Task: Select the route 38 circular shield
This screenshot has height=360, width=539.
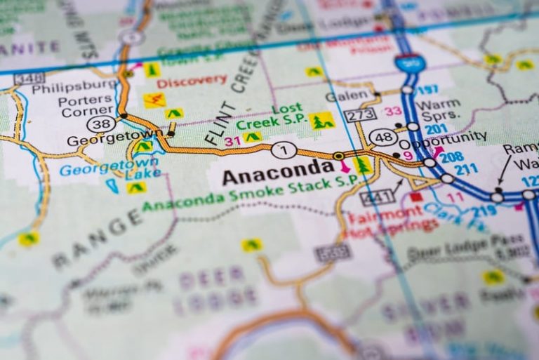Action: (x=97, y=124)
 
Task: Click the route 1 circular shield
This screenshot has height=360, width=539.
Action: (x=283, y=149)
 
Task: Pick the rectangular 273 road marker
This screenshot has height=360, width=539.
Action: (x=359, y=114)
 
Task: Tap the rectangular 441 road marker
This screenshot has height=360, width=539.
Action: (x=378, y=198)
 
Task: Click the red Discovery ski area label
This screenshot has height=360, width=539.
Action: (x=192, y=81)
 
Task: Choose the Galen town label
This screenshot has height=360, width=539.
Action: (x=347, y=96)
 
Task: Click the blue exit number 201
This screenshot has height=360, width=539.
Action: (x=436, y=129)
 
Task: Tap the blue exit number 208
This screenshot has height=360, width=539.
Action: (x=451, y=156)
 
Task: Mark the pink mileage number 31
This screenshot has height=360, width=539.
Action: (x=232, y=141)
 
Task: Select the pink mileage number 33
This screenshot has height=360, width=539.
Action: (x=393, y=111)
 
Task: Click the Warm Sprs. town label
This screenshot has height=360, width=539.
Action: (x=437, y=110)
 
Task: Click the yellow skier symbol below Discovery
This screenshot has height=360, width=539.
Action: (x=154, y=100)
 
